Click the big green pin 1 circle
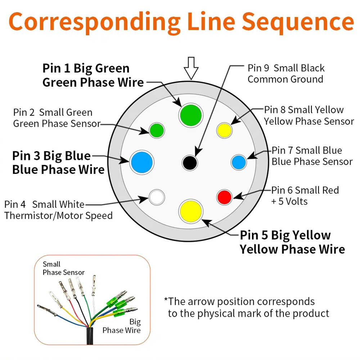(191, 115)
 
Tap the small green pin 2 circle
(157, 130)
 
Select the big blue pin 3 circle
(142, 162)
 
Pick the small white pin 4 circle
(157, 197)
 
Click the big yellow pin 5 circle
(191, 211)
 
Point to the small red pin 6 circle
(224, 197)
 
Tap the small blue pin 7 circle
(239, 162)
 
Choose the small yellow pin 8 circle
(224, 130)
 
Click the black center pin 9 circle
(190, 163)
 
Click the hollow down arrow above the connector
(191, 68)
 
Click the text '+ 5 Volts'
(289, 201)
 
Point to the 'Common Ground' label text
(285, 79)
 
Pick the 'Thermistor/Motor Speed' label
(58, 216)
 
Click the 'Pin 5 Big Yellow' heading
(285, 235)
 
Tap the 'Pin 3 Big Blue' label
(51, 156)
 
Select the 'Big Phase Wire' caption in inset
(121, 326)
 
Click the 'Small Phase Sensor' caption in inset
(64, 268)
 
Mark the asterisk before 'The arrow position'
(166, 300)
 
